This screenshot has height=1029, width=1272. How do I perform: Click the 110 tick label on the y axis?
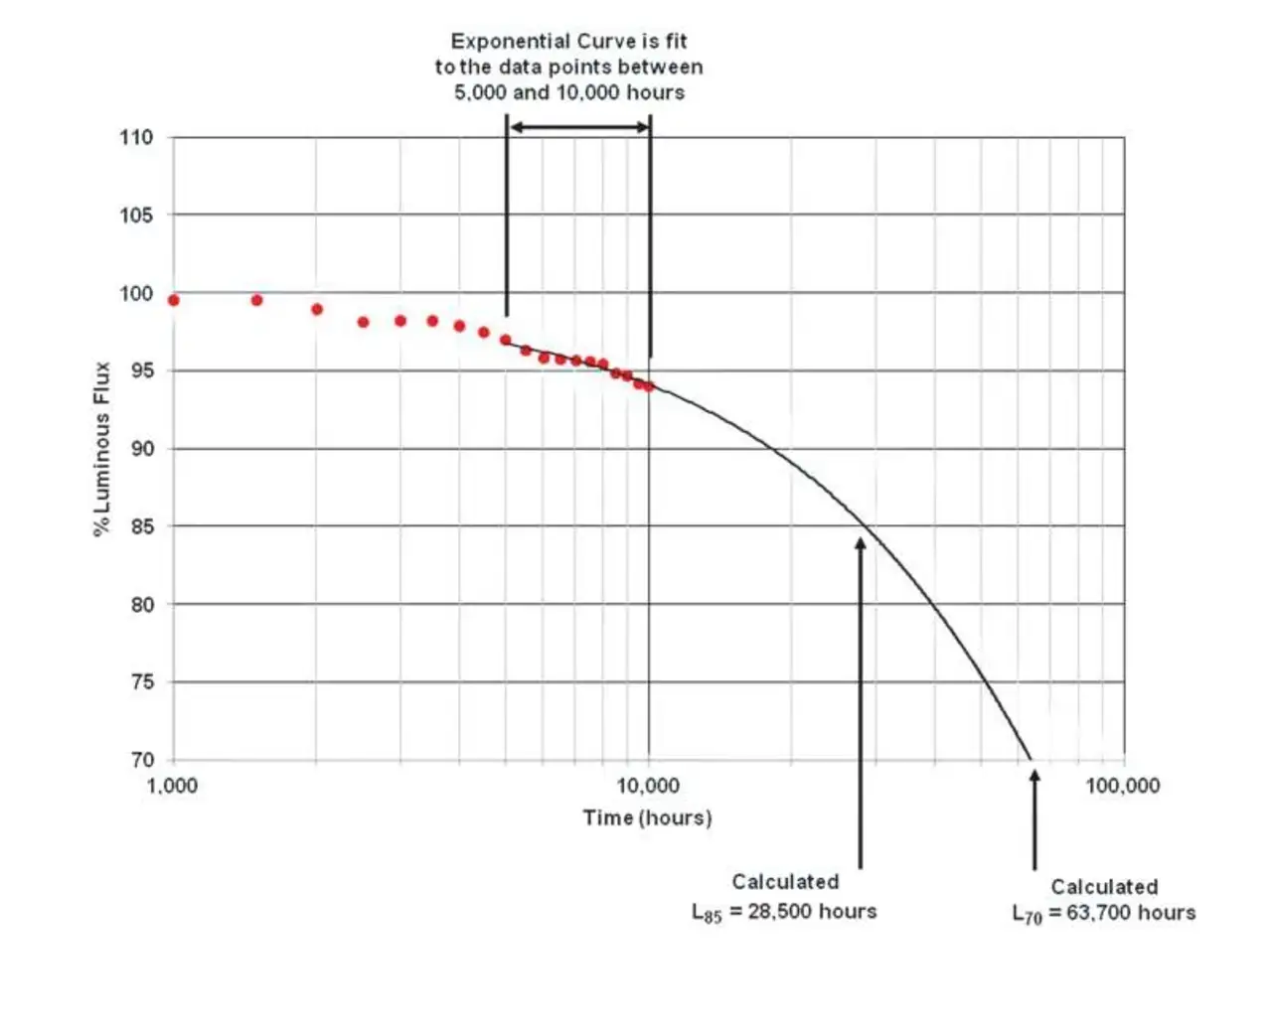[x=136, y=137]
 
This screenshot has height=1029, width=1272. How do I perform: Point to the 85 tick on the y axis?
[x=142, y=526]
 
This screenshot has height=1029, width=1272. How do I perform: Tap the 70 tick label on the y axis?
[x=142, y=760]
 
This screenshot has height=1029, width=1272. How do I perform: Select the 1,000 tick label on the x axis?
[x=172, y=786]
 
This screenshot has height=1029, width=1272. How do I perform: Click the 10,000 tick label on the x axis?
[x=648, y=786]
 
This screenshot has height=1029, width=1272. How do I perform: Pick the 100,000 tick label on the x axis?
[x=1122, y=786]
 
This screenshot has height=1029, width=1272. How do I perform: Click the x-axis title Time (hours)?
[x=647, y=817]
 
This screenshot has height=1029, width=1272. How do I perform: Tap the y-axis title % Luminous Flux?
[x=101, y=449]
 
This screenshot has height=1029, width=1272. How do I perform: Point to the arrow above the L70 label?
[x=1034, y=819]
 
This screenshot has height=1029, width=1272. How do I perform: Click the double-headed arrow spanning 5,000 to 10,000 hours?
[x=578, y=127]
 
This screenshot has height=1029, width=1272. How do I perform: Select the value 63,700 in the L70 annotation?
[x=1098, y=913]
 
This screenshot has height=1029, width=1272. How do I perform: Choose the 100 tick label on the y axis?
[x=136, y=293]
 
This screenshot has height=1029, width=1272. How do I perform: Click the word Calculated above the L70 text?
[x=1104, y=887]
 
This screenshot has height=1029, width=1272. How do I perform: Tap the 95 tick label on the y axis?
[x=142, y=370]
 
